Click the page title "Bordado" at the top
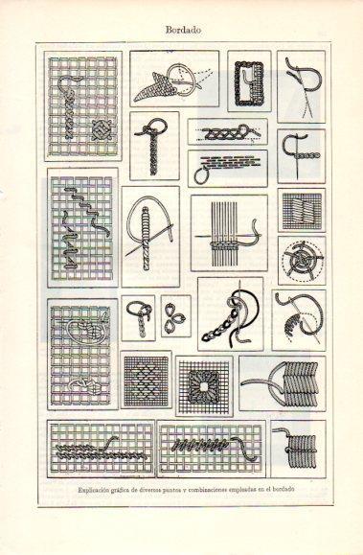point(183,30)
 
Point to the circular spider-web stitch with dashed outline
point(302,261)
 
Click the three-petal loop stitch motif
point(176,315)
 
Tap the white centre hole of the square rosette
point(204,386)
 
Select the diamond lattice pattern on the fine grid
point(147,380)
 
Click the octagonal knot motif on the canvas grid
point(102,130)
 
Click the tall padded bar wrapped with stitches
point(147,239)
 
